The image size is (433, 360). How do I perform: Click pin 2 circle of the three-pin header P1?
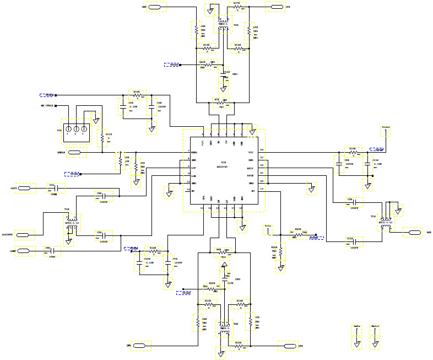coord(76,129)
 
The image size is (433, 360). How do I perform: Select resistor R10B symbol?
coord(137,95)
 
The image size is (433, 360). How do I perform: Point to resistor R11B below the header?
coord(102,140)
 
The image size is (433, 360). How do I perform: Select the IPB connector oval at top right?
coord(275,7)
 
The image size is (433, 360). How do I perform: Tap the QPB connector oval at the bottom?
coord(287,346)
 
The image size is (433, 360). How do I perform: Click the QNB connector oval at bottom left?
coord(140,346)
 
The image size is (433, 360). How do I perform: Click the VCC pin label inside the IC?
coord(251,152)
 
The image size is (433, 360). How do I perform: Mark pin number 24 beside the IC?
coord(262,150)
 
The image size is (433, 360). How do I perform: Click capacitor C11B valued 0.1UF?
coord(367,163)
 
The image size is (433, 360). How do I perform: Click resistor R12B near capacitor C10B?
coord(153,251)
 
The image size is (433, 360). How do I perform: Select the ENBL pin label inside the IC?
coord(194,152)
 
